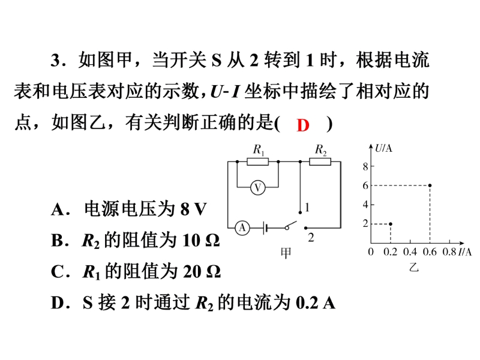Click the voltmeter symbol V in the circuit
coord(258,188)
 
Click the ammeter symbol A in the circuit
coord(242,228)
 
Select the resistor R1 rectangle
coord(258,161)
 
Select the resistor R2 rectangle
coord(320,161)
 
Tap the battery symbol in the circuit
coord(265,228)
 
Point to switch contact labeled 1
coord(300,212)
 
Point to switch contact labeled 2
coord(305,228)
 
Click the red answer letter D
coord(303,125)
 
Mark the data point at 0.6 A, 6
coord(430,185)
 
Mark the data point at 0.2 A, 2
coord(391,224)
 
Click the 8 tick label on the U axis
coord(365,167)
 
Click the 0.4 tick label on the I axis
coord(410,251)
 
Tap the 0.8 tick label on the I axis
coord(449,251)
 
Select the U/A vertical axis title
coord(383,148)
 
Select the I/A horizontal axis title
coord(464,251)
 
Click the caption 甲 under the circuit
coord(286,253)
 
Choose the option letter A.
coord(58,209)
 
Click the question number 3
coord(55,59)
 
